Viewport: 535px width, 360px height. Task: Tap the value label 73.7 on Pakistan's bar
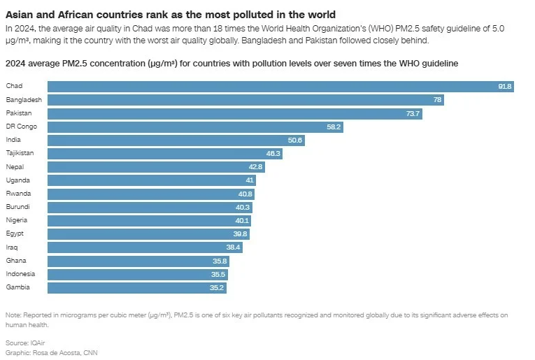pos(413,113)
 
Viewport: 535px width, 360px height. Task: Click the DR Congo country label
pos(21,127)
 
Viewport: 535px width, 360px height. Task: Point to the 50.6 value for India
pos(295,140)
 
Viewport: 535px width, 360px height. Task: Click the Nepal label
pos(15,167)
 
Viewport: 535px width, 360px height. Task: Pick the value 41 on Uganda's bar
pos(250,180)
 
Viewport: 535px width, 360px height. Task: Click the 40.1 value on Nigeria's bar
pos(243,221)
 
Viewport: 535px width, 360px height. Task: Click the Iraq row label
pos(12,247)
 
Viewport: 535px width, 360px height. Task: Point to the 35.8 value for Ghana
pos(220,261)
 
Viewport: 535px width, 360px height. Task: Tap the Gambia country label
pos(17,287)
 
